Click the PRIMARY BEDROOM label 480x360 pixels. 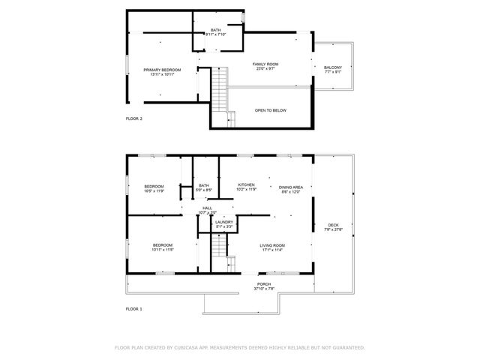pos(162,70)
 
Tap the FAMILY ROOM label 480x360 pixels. pos(265,64)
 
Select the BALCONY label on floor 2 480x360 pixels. pos(333,67)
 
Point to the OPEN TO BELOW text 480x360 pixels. pos(270,110)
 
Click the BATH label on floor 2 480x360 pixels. pos(215,30)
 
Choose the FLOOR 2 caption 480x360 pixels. pos(133,118)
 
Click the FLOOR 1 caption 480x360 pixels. pos(133,308)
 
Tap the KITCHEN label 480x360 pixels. pos(246,184)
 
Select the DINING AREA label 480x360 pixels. pos(290,187)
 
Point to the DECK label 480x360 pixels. pos(333,225)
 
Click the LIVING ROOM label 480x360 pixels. pos(272,246)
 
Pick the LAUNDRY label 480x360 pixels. pos(223,222)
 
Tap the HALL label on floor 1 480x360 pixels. pos(207,208)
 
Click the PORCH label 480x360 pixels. pos(264,284)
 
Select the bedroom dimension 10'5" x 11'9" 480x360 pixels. pos(154,191)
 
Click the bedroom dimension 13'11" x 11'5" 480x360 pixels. pos(163,250)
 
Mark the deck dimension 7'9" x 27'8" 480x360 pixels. pos(333,229)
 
